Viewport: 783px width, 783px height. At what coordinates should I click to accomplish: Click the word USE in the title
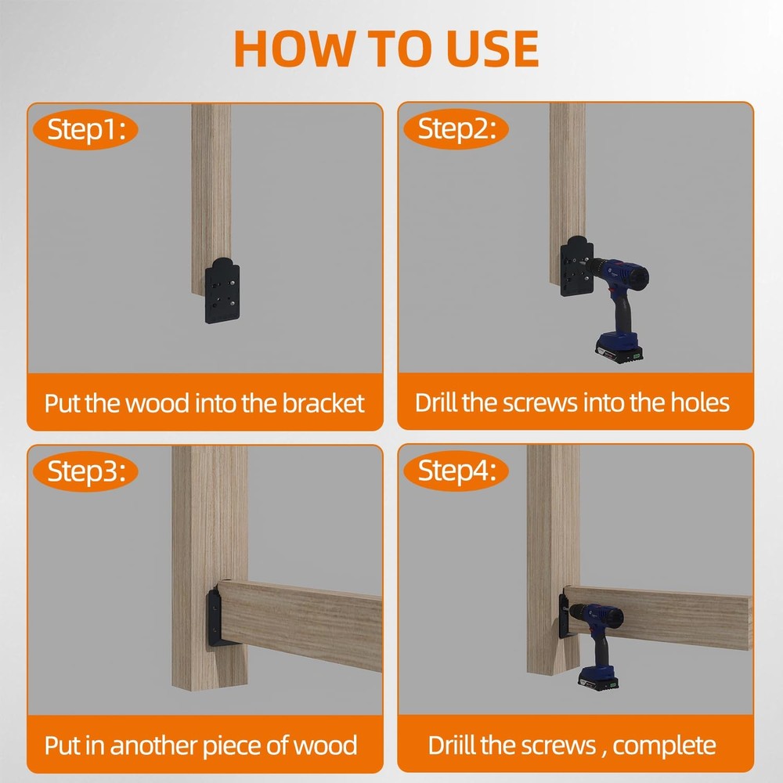click(492, 48)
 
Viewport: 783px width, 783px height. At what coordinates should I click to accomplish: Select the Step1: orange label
click(85, 129)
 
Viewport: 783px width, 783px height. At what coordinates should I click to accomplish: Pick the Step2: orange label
click(456, 129)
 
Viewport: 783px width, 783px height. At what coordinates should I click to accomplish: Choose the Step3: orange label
click(85, 471)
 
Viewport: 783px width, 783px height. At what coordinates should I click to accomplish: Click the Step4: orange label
click(456, 471)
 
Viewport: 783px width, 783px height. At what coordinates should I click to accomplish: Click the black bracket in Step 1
click(222, 291)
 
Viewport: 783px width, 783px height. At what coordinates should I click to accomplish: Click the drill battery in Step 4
click(598, 677)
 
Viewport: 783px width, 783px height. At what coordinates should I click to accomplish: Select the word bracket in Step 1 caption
click(323, 403)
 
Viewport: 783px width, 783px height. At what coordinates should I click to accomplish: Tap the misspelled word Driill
click(452, 745)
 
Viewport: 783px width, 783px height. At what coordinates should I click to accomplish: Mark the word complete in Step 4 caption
click(664, 746)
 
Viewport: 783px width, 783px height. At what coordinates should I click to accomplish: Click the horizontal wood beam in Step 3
click(300, 624)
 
